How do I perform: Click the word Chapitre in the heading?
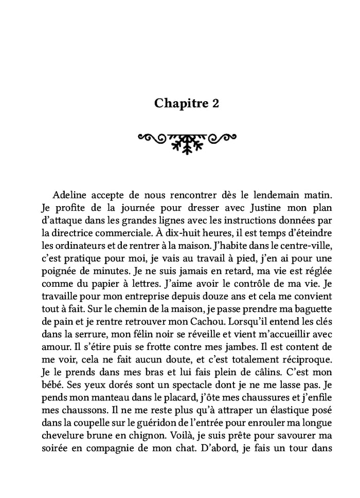tap(179, 103)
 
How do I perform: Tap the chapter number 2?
tap(215, 103)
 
